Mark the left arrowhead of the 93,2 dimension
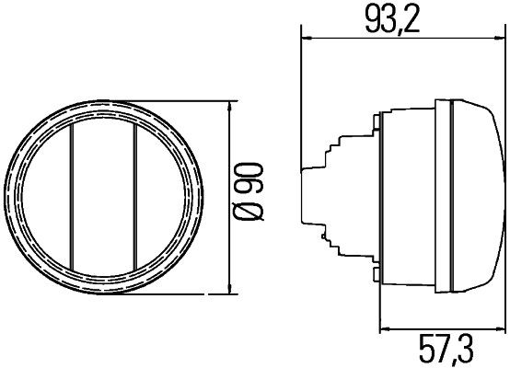coord(307,38)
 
